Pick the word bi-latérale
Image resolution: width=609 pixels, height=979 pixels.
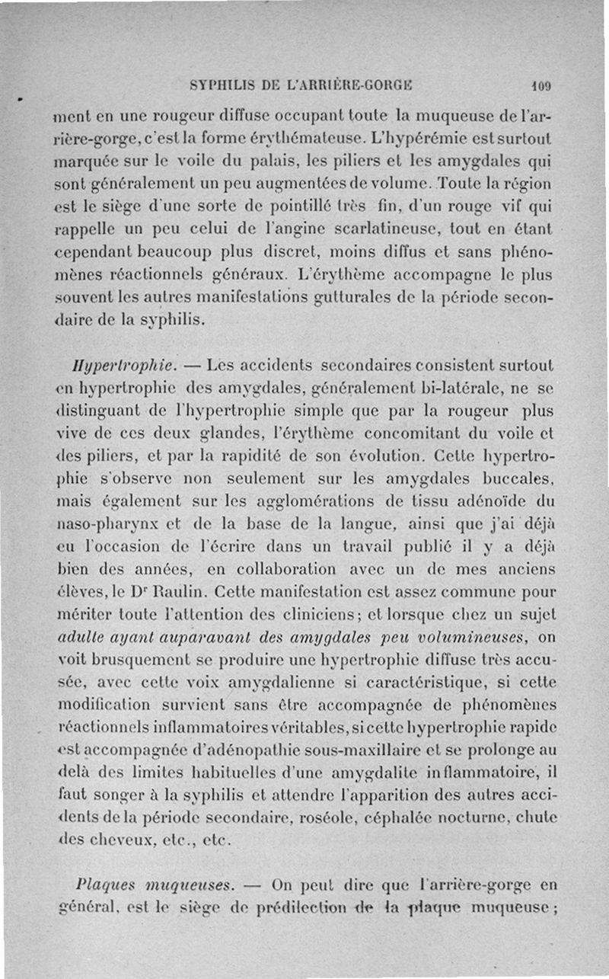[457, 387]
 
